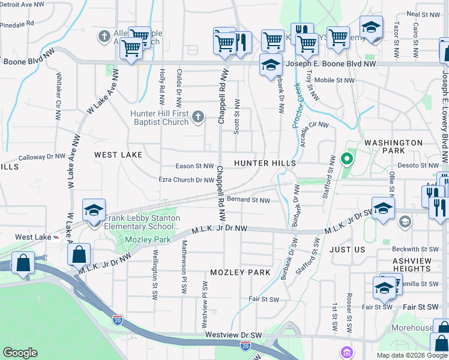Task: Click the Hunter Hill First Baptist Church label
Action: (x=160, y=118)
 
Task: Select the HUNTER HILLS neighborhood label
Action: (x=265, y=163)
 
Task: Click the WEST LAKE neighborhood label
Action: (x=118, y=155)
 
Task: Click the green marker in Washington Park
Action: (x=346, y=159)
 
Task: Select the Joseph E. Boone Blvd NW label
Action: (x=331, y=64)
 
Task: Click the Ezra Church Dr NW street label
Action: (x=186, y=180)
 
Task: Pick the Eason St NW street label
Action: (x=194, y=166)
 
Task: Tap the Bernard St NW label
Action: (x=249, y=200)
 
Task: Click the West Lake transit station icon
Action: (x=57, y=237)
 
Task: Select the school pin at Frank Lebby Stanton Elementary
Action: (x=94, y=211)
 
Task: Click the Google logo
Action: (x=20, y=353)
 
